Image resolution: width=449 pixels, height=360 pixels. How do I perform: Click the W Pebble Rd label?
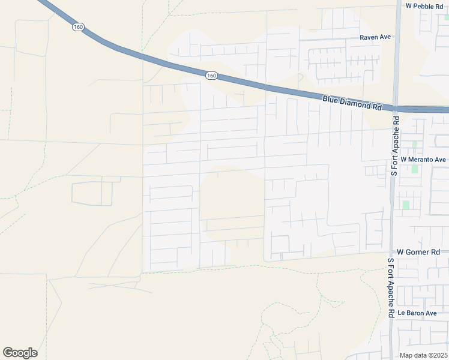tap(427, 5)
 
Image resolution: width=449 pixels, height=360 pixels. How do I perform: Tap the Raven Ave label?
tap(375, 37)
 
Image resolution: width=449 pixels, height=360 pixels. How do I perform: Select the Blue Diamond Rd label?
tap(352, 103)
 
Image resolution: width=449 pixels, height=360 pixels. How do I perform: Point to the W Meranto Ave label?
tap(423, 160)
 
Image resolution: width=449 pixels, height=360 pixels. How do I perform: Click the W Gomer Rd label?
tap(419, 253)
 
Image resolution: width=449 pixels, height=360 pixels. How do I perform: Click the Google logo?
tap(20, 353)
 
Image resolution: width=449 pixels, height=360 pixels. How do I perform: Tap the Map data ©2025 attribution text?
tap(424, 355)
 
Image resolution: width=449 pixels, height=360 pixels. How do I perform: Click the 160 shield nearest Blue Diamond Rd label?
tap(211, 76)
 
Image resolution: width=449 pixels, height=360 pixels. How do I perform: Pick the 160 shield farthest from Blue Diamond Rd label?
tap(78, 27)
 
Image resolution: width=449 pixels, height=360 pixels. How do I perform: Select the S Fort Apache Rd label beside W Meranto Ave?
tap(394, 146)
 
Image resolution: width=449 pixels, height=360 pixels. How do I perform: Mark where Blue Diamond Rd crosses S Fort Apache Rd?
tap(395, 109)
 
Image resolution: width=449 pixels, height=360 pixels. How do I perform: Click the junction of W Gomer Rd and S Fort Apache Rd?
tap(391, 253)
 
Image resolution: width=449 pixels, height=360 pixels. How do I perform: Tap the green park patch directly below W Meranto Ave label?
tap(414, 169)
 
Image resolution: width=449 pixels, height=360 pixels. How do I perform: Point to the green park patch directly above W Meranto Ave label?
tap(414, 145)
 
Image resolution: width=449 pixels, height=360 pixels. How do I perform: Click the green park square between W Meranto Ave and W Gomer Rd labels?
tap(406, 205)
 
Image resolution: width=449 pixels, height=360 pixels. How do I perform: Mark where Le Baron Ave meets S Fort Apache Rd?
tap(391, 313)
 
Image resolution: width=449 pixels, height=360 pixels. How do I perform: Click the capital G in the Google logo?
tap(8, 353)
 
